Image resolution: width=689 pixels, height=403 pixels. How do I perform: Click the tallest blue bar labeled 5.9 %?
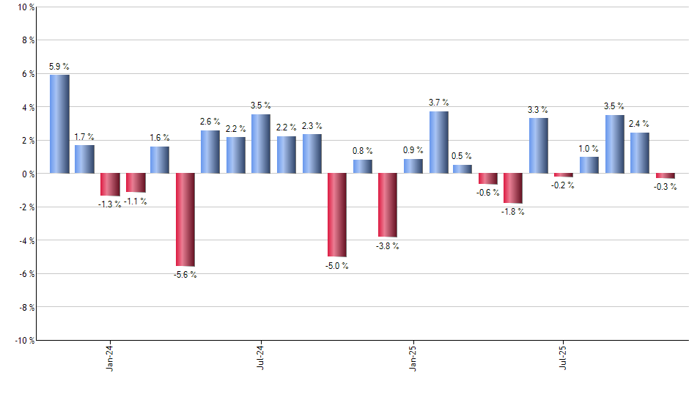[x=59, y=124]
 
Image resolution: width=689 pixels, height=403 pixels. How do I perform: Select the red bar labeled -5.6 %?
[x=185, y=220]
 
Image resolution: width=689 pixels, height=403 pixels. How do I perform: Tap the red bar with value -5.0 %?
[x=337, y=215]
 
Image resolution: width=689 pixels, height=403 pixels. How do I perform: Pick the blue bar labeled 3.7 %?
[x=438, y=142]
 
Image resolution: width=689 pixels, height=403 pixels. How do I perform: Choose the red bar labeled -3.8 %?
[x=388, y=205]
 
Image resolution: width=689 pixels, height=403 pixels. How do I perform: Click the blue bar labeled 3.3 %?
[x=539, y=146]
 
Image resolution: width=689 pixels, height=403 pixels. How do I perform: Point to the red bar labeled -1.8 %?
[x=513, y=188]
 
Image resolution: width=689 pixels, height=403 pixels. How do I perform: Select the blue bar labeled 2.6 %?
[x=210, y=152]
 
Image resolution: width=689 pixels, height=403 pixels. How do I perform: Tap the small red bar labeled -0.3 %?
[x=666, y=176]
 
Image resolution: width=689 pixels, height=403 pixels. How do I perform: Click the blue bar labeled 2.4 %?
[x=639, y=153]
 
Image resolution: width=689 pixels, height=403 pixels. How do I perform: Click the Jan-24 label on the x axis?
[x=110, y=358]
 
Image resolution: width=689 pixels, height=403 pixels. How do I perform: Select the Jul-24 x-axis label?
[x=262, y=358]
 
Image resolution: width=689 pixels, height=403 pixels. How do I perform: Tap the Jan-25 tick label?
[x=413, y=358]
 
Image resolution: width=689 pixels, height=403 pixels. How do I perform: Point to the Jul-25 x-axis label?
[x=564, y=358]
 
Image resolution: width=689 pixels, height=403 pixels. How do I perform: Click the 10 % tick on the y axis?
[x=24, y=7]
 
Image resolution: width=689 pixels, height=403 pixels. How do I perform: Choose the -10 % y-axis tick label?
[x=23, y=340]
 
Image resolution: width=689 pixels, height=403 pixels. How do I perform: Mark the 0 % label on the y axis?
[x=26, y=174]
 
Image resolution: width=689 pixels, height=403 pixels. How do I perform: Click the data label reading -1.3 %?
[x=111, y=204]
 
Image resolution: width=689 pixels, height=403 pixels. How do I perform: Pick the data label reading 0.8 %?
[x=363, y=152]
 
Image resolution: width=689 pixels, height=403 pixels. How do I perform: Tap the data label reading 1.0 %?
[x=589, y=149]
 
